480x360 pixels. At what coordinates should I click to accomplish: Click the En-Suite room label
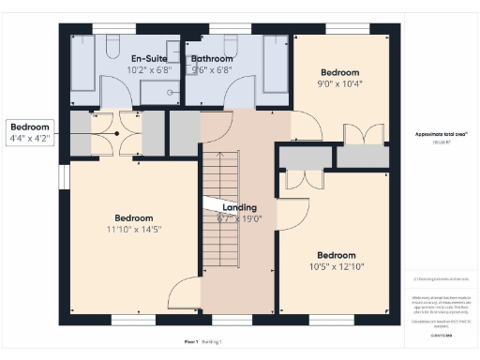(x=148, y=58)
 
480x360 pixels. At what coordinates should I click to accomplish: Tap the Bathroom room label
(x=212, y=58)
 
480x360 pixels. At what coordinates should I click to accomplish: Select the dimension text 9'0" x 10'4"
(x=339, y=84)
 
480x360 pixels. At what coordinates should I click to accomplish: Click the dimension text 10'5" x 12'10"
(x=336, y=267)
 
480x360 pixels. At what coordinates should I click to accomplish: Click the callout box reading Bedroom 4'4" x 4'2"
(x=31, y=132)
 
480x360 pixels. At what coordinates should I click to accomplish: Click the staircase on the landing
(x=222, y=206)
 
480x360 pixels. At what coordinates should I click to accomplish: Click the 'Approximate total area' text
(x=441, y=135)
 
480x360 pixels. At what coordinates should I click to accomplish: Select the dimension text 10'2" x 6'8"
(x=148, y=69)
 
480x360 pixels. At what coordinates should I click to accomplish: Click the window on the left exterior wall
(x=64, y=176)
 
